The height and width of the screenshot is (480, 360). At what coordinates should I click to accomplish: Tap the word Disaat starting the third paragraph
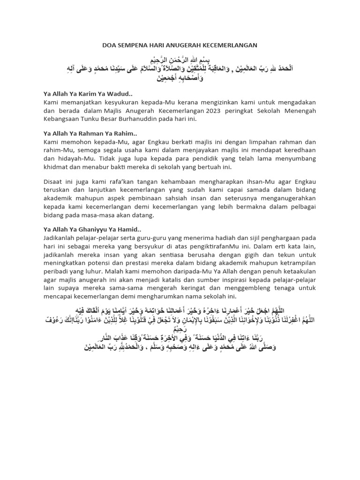[53, 181]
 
